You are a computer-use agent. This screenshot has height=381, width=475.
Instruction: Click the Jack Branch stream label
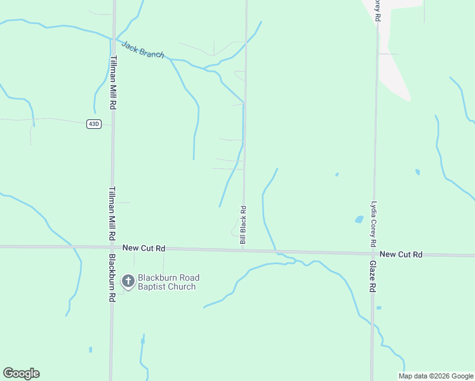tap(143, 50)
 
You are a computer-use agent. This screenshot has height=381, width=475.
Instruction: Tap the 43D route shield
tap(94, 124)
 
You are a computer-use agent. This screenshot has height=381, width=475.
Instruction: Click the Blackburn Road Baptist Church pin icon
tap(128, 281)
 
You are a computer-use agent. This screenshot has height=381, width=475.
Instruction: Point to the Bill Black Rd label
tap(243, 225)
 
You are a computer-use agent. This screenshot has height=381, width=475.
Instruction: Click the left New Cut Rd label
tap(144, 248)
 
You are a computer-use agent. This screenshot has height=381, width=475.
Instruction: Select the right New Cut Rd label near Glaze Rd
tap(401, 254)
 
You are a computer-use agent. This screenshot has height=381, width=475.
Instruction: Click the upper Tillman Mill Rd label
tap(113, 82)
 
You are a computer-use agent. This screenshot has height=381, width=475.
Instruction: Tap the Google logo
tap(22, 373)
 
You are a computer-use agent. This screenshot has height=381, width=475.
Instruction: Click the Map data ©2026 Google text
tap(436, 376)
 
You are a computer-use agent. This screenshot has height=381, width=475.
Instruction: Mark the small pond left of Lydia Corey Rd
tap(359, 220)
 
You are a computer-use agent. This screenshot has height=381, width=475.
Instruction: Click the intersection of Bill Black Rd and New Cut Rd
tap(243, 249)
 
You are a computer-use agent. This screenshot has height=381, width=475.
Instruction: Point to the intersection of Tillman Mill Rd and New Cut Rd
tap(112, 247)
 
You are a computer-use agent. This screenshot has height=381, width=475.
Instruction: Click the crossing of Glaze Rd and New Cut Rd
tap(373, 253)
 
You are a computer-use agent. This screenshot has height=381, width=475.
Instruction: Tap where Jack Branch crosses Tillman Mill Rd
tap(114, 39)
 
